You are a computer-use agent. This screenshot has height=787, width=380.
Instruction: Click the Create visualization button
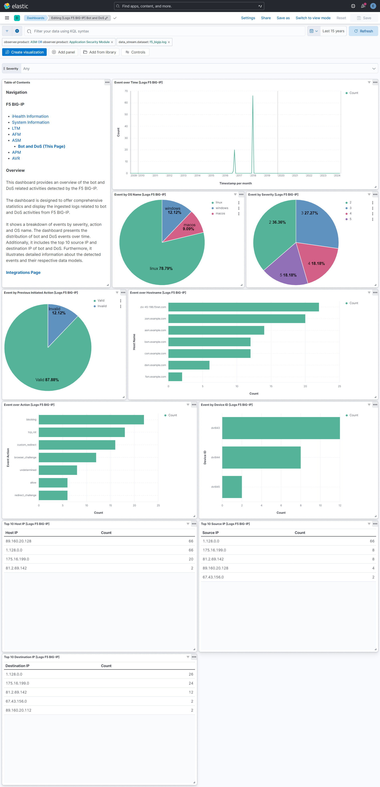tap(24, 52)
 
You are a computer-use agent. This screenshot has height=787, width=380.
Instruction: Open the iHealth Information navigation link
tap(30, 116)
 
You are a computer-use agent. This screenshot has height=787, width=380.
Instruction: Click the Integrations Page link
tap(23, 272)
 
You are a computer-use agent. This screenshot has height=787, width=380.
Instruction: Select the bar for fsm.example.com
tap(175, 377)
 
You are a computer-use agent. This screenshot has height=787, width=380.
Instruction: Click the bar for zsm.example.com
tap(236, 319)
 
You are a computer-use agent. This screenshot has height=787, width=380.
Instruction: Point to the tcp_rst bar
tap(81, 432)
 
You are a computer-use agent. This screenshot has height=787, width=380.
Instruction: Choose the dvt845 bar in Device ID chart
tap(232, 487)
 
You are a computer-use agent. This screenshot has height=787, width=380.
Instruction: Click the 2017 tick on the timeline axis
tap(239, 176)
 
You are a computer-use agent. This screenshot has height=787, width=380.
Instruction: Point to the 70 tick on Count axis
tap(126, 91)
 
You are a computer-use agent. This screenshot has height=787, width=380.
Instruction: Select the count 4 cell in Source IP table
tap(373, 568)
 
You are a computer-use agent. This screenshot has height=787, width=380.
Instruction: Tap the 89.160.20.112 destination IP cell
tap(19, 710)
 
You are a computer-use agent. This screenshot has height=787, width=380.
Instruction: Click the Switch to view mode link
tap(313, 18)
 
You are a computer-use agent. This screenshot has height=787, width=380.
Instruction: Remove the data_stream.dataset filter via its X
tap(169, 42)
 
